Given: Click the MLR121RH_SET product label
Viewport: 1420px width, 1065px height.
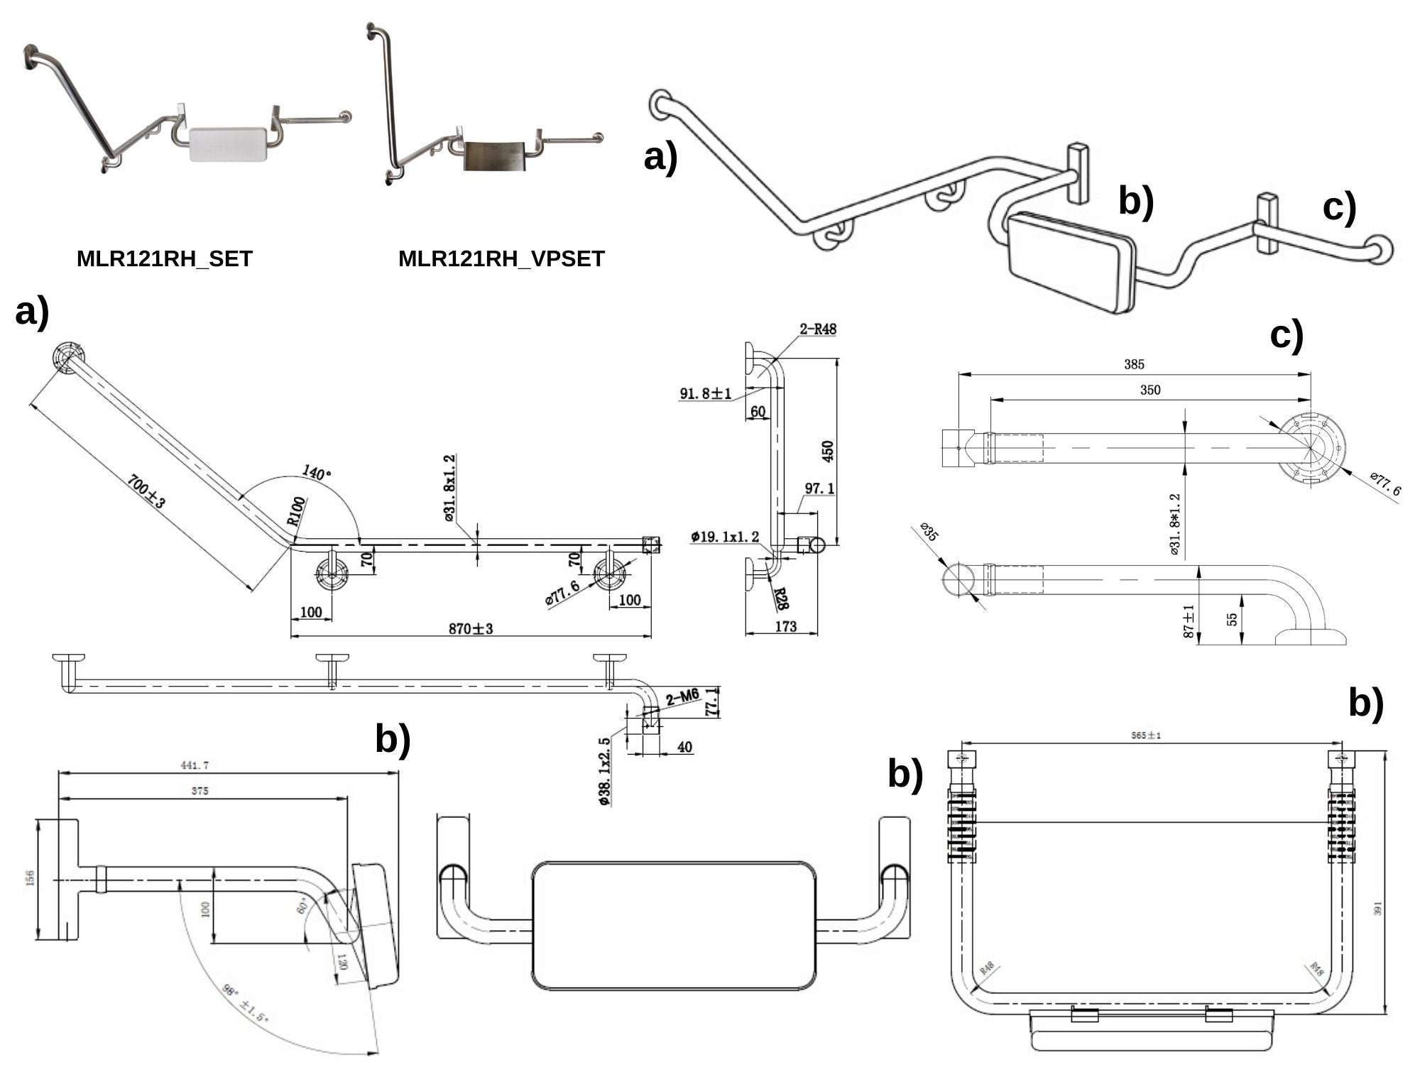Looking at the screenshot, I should [164, 259].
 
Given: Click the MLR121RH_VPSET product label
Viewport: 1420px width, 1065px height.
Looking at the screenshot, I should [501, 259].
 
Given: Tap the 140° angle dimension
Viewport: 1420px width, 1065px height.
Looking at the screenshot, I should [317, 473].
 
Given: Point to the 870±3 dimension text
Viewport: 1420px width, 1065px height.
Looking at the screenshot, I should [470, 628].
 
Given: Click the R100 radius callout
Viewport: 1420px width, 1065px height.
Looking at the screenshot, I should [297, 510].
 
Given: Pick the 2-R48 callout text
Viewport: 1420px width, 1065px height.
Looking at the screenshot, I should [818, 329].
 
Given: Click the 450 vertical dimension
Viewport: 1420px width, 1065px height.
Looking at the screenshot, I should [827, 451].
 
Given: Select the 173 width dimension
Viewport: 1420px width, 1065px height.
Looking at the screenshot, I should [785, 626].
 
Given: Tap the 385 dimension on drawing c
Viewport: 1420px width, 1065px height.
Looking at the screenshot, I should [1134, 364].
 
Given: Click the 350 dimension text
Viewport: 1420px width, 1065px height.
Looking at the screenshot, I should [1149, 390].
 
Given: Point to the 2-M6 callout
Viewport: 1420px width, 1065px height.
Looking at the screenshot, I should [683, 699].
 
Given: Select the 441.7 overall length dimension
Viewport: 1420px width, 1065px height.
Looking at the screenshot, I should [200, 766].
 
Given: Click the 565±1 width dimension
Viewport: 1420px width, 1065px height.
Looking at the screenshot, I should [1146, 736].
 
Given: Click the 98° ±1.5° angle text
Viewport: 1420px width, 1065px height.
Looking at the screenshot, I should [244, 1002].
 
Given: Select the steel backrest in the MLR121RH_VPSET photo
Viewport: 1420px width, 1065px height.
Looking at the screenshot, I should [494, 155].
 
